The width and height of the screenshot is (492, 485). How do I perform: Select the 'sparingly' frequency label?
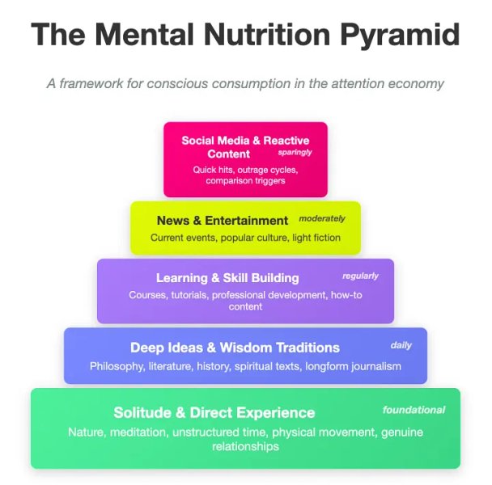point(295,152)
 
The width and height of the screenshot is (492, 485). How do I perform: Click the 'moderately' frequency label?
point(322,218)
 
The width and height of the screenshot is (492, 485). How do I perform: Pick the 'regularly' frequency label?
point(360,276)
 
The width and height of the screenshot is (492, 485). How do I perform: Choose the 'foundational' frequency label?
point(414,410)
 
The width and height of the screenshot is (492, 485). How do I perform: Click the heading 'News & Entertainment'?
point(223,220)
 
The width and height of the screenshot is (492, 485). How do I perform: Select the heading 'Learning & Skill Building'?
point(227,278)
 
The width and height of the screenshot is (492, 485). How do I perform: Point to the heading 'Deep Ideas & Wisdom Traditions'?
point(235,348)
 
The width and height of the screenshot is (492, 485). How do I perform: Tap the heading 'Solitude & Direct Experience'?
point(214,412)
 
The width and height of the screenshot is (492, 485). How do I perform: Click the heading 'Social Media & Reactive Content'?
point(244,146)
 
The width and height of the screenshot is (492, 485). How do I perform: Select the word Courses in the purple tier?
point(147,295)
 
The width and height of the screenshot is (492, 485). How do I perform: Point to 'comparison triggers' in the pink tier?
point(245,181)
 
